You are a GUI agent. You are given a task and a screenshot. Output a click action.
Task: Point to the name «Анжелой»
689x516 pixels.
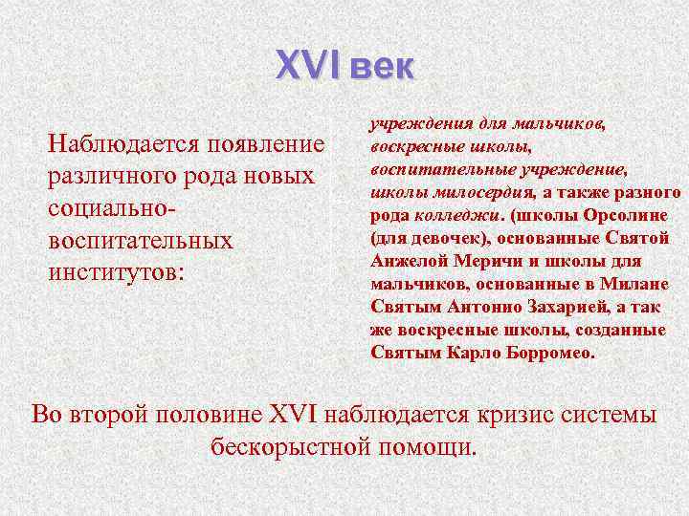point(406,261)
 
